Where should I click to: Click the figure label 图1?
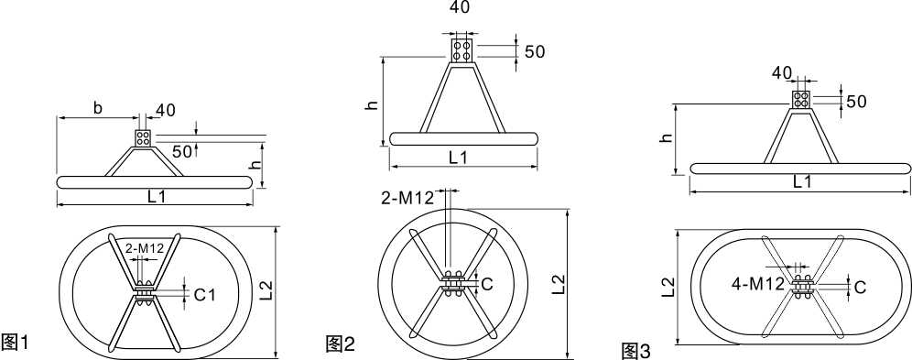click(15, 342)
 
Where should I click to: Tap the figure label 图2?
click(341, 344)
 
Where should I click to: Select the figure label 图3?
click(636, 351)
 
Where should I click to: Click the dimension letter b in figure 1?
click(98, 108)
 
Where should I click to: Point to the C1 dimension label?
click(204, 295)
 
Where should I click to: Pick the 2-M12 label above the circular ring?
click(407, 198)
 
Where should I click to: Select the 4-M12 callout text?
click(758, 285)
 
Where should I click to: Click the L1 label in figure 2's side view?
click(459, 157)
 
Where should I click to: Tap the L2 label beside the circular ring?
click(559, 283)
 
